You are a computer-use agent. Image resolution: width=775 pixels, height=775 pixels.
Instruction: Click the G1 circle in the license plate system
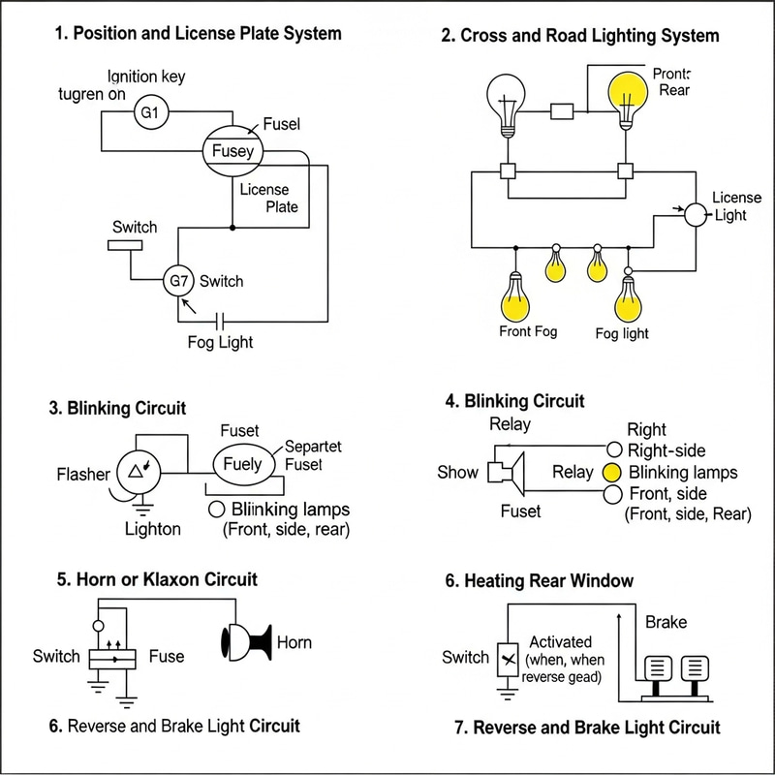click(x=150, y=113)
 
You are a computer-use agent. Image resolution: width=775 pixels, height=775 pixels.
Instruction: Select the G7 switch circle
click(x=178, y=281)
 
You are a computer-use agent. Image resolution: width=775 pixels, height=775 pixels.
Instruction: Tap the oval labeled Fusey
click(x=232, y=151)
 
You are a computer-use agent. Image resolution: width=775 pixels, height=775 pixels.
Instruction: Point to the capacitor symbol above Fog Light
click(x=221, y=320)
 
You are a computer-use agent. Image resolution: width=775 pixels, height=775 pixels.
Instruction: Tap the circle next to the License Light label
click(x=697, y=214)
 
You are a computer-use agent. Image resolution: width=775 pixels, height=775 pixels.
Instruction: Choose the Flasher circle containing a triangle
click(x=137, y=473)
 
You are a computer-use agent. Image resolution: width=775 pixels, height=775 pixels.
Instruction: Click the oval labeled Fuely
click(x=242, y=464)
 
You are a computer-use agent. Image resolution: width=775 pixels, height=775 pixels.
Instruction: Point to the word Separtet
click(x=313, y=447)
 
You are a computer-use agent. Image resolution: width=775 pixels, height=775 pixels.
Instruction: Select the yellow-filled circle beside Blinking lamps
click(x=611, y=473)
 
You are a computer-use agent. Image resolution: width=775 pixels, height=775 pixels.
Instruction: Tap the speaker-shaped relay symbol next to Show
click(x=506, y=472)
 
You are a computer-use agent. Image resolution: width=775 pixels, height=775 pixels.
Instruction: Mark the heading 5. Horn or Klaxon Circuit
click(x=157, y=579)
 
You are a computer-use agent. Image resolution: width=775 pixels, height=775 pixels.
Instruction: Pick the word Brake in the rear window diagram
click(x=666, y=622)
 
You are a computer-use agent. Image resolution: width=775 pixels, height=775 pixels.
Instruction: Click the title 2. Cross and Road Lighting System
click(x=580, y=36)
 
